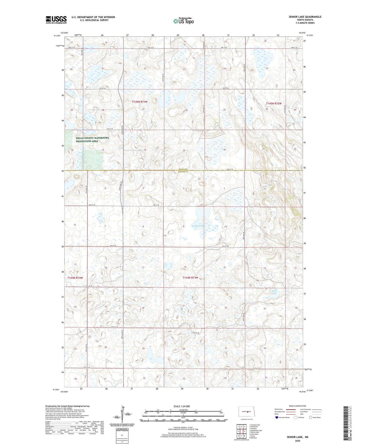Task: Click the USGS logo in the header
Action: pyautogui.click(x=56, y=20)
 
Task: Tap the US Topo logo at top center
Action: pyautogui.click(x=183, y=21)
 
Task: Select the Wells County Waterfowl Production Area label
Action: pyautogui.click(x=92, y=139)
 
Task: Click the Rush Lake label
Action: pyautogui.click(x=274, y=292)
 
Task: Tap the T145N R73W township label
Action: pyautogui.click(x=140, y=102)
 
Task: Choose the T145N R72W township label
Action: pyautogui.click(x=273, y=103)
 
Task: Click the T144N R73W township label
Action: pyautogui.click(x=190, y=278)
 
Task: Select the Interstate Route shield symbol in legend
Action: pyautogui.click(x=277, y=417)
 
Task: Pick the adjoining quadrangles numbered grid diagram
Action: pyautogui.click(x=241, y=431)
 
